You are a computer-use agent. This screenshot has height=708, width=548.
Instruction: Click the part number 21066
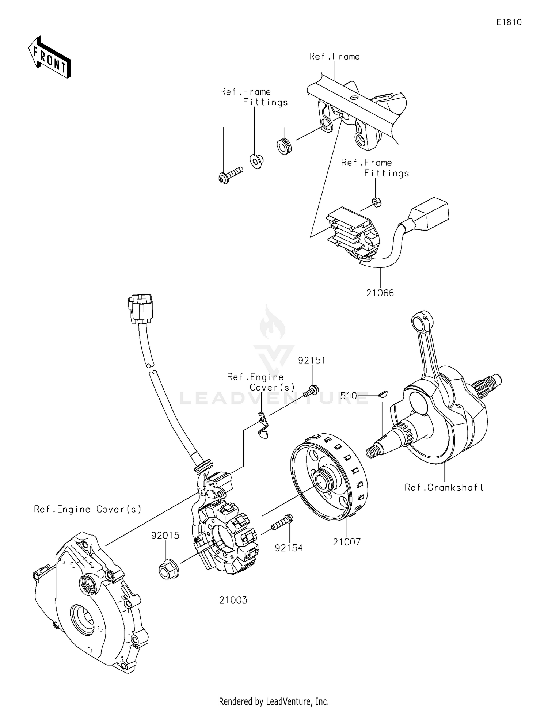[380, 293]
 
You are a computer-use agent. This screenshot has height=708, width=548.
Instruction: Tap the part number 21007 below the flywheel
[346, 542]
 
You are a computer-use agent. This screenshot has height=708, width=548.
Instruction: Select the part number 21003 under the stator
[233, 600]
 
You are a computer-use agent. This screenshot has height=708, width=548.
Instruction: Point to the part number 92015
[165, 536]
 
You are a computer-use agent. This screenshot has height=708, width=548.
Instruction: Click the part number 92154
[289, 548]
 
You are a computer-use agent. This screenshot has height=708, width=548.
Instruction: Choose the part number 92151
[312, 361]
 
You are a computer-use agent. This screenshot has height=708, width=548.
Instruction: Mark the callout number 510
[349, 396]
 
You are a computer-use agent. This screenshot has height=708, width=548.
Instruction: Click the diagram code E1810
[509, 22]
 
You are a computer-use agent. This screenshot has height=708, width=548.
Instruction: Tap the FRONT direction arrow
[50, 57]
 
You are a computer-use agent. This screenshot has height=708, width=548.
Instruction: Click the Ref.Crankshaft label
[444, 487]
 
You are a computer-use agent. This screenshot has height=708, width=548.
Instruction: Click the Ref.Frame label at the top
[334, 57]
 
